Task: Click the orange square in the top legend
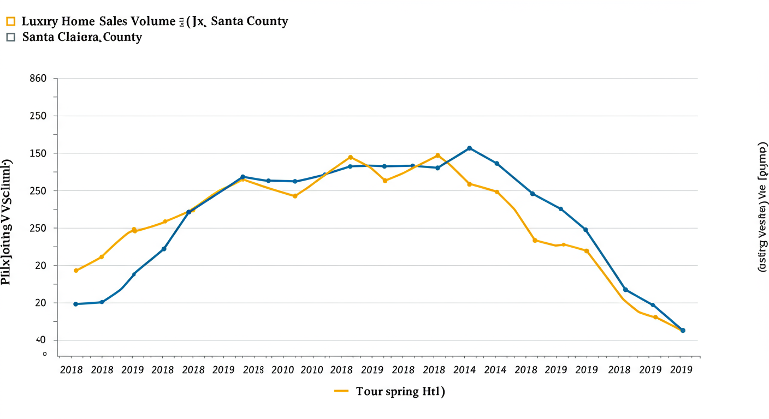tap(10, 22)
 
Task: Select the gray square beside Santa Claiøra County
tap(10, 38)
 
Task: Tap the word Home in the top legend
tap(76, 22)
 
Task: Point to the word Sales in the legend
tap(113, 22)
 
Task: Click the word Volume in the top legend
tap(153, 22)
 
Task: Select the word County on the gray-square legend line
tap(122, 38)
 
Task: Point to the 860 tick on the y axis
tap(37, 79)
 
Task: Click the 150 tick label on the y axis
tap(37, 153)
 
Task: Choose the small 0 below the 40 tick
tap(45, 354)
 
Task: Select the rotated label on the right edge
tap(762, 208)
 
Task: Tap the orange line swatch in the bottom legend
tap(341, 391)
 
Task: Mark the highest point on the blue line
tap(470, 148)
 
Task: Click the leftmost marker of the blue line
tap(76, 304)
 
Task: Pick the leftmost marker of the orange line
tap(76, 271)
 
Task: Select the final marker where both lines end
tap(683, 331)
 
